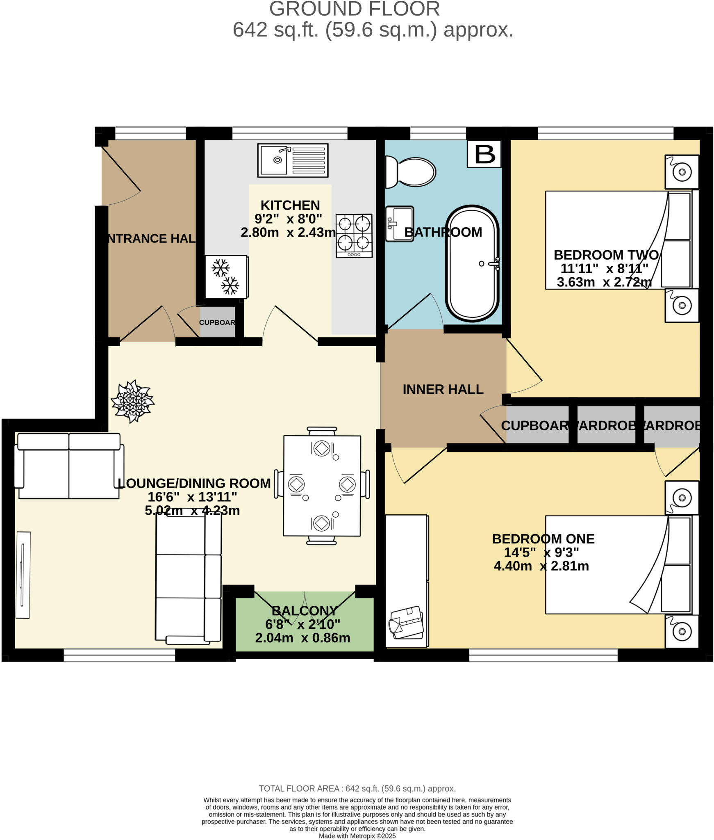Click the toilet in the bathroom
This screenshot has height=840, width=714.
tap(410, 172)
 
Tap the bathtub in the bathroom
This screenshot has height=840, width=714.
tap(472, 264)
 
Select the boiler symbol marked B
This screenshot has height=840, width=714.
tap(484, 154)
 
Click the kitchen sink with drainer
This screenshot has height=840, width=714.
tap(293, 160)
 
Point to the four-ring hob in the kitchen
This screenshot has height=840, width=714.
tap(354, 235)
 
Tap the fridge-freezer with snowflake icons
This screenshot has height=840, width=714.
tap(226, 277)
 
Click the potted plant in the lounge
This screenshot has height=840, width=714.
tap(132, 401)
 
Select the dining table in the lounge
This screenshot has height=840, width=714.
tap(322, 486)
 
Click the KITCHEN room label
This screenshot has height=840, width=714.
tap(290, 205)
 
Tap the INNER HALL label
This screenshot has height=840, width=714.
tap(443, 389)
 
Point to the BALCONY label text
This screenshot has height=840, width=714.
tap(304, 611)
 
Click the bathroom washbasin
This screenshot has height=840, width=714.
tap(399, 224)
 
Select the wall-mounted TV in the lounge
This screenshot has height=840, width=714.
tap(23, 575)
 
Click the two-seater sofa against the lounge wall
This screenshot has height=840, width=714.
tap(69, 466)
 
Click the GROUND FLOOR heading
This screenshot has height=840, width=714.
tap(355, 9)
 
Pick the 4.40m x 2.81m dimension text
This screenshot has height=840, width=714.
tap(541, 566)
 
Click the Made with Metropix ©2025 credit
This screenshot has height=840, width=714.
tap(357, 836)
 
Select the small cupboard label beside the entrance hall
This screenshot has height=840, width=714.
tap(217, 322)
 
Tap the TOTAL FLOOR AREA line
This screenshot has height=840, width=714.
tap(357, 788)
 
